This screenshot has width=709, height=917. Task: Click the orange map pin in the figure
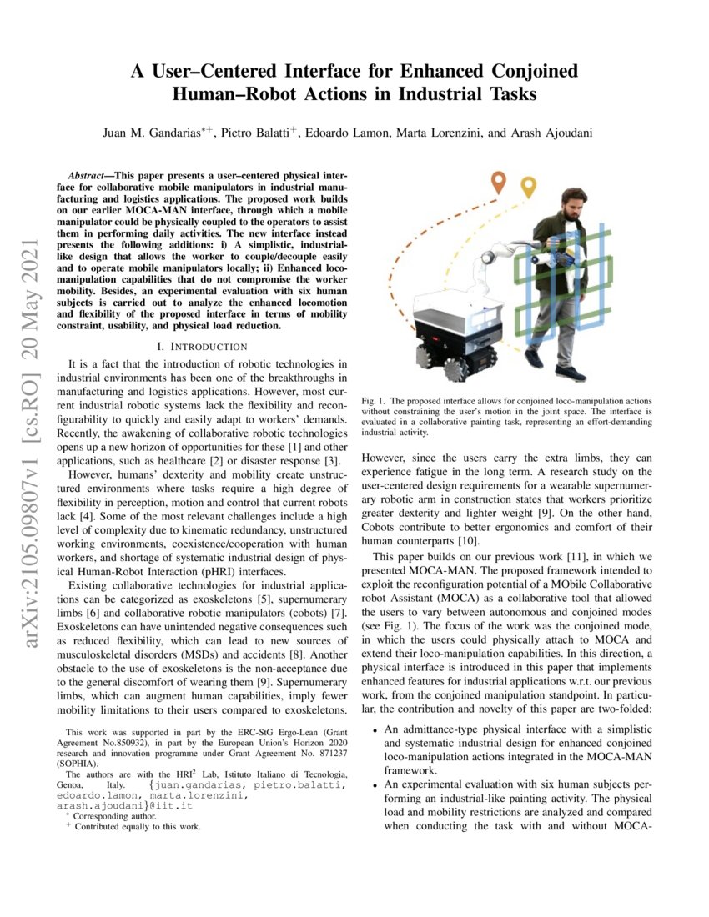point(499,181)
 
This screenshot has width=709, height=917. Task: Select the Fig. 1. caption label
point(373,401)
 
